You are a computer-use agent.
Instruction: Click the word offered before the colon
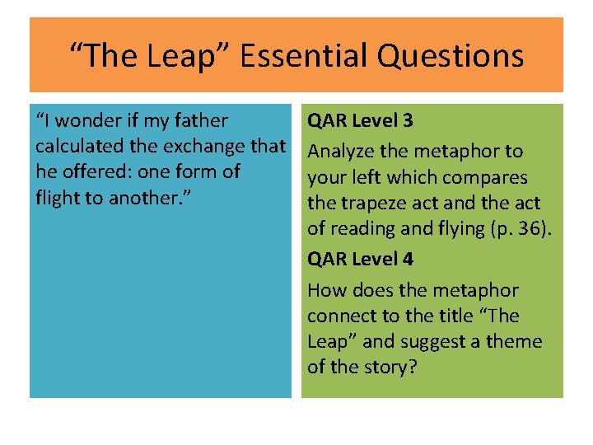[100, 172]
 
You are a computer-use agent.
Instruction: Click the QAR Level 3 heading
[360, 121]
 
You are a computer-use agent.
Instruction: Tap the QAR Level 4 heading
[360, 260]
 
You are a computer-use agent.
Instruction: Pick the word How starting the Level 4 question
[325, 290]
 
